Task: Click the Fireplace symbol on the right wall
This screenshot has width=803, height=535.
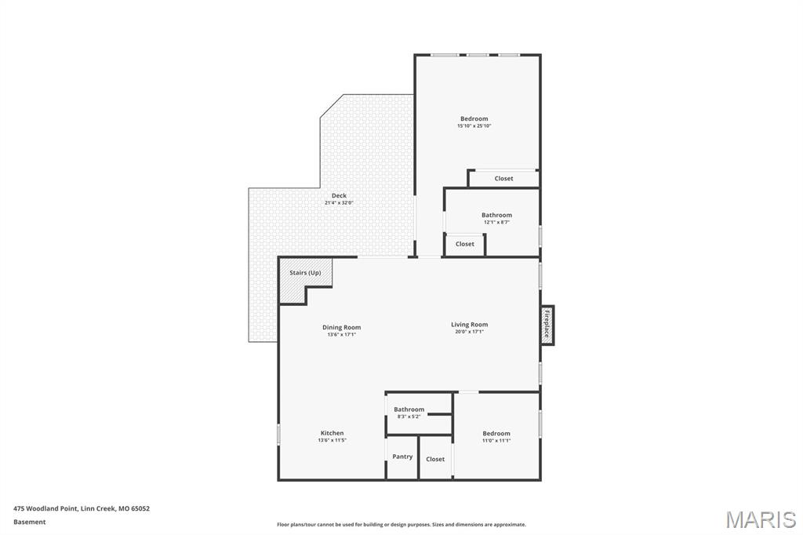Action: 547,325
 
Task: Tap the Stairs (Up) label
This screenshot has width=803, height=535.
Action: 305,273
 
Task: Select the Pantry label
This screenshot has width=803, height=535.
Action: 402,457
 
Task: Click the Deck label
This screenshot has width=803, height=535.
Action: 339,195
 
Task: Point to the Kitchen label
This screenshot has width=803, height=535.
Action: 332,433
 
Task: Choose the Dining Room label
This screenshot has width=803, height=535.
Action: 342,327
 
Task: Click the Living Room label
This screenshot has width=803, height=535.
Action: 470,325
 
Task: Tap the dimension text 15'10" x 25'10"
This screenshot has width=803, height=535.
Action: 474,126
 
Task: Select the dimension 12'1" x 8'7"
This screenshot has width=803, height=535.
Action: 496,223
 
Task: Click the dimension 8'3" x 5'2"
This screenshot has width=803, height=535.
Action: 409,417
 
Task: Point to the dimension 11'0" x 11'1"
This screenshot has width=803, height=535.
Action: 496,440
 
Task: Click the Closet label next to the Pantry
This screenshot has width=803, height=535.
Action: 435,459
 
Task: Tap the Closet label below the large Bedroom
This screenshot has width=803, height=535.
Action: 504,178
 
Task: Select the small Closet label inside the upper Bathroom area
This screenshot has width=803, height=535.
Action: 465,244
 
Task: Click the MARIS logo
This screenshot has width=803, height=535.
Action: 761,519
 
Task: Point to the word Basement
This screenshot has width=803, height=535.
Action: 30,522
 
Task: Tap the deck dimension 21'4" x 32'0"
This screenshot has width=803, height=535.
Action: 339,203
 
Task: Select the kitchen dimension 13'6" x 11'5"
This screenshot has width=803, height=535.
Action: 332,440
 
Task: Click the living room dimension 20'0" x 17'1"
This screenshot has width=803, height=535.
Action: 470,332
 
